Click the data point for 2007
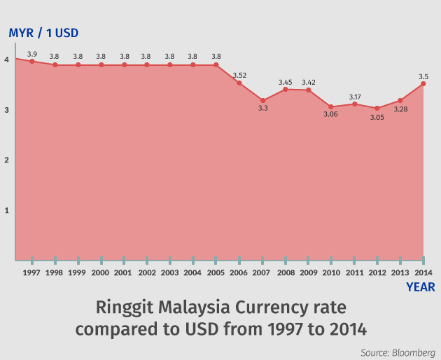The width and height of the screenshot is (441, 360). point(262,101)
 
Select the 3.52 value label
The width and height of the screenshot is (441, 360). point(240,75)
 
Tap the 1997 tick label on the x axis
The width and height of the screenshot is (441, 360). point(31,272)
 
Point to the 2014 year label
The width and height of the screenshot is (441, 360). point(423,272)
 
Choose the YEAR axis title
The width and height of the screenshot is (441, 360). point(421,287)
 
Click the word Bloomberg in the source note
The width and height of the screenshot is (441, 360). point(414,352)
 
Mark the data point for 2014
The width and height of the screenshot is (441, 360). point(423,84)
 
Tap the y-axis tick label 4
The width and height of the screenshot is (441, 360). point(6,60)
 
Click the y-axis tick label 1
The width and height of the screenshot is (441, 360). point(6,210)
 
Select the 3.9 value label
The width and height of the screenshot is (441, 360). point(31,54)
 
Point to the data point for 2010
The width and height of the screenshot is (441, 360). point(331,106)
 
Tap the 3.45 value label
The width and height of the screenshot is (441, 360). point(286,82)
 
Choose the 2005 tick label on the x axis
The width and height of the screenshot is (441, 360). point(216,272)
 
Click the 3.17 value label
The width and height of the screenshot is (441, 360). point(354,97)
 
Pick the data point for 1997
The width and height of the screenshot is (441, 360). point(31,62)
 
